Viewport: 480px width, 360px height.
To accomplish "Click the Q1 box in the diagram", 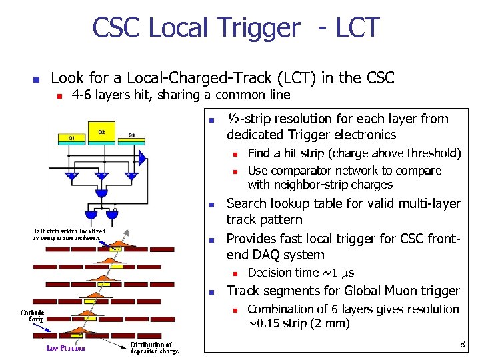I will [x=71, y=138].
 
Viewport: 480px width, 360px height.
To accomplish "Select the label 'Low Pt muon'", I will [x=65, y=348].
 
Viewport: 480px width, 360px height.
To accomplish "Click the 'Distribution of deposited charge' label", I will [x=155, y=348].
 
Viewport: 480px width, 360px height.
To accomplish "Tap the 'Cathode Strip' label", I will [x=33, y=316].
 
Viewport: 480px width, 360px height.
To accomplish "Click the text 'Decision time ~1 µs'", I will [x=301, y=273].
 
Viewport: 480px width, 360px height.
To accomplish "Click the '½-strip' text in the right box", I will [x=249, y=119].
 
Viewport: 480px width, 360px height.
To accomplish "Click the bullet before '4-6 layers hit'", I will [x=59, y=96].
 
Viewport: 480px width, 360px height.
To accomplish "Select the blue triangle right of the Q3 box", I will [x=141, y=158].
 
